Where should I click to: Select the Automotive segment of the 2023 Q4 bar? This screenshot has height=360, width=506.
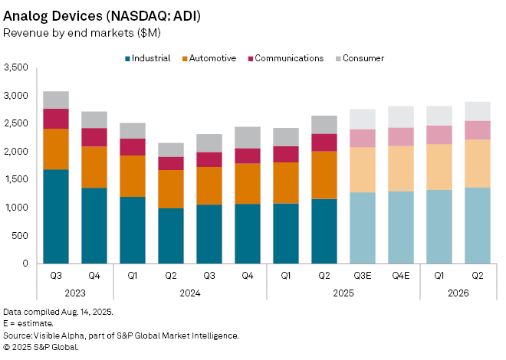tap(94, 167)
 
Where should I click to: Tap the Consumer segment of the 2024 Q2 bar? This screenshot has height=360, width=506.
tap(171, 149)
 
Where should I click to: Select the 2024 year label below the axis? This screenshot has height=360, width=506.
tap(190, 293)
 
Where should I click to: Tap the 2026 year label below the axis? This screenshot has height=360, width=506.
tap(458, 293)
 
